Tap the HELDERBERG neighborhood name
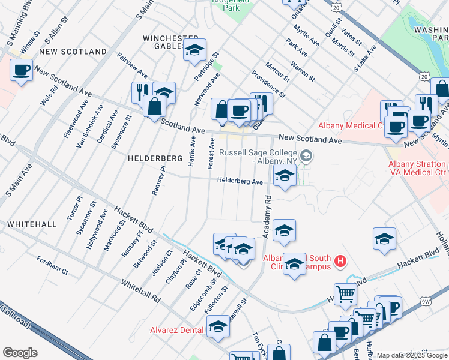point(155,158)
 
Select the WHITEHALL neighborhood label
point(32,224)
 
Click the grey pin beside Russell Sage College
point(307,157)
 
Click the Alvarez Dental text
point(176,329)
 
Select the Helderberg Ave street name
point(240,181)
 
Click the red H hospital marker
point(340,261)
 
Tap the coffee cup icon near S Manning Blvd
point(22,70)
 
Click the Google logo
point(20,353)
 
